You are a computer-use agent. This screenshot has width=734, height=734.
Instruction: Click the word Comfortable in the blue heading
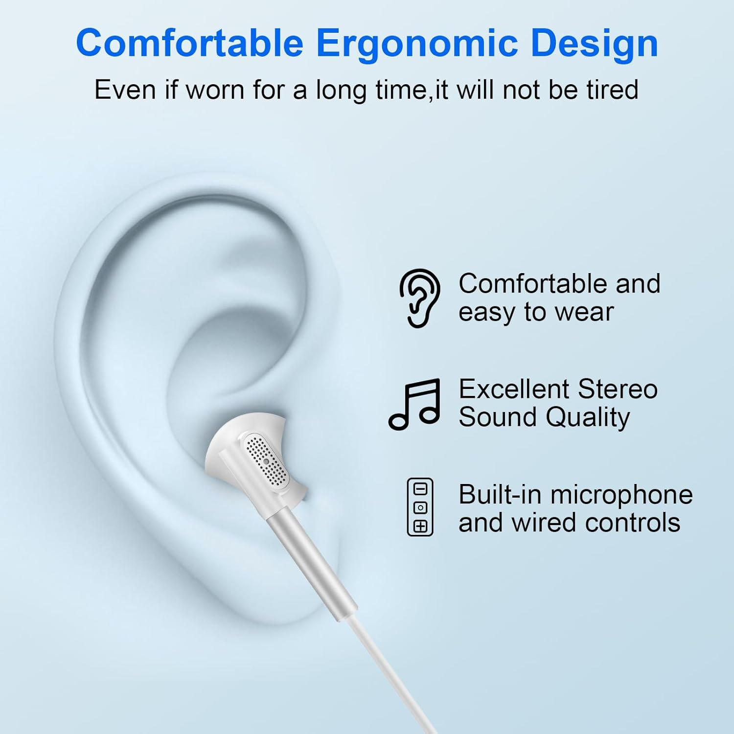tap(189, 43)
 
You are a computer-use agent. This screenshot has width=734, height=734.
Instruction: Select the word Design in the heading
tap(594, 43)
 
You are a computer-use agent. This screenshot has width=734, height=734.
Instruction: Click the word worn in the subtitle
tap(215, 90)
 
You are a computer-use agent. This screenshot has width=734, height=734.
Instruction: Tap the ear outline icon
tap(420, 298)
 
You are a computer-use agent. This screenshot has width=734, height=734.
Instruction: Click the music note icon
tap(414, 404)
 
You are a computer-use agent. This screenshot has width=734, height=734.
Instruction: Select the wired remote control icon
tap(420, 507)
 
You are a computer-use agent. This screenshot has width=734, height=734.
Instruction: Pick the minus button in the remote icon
tap(420, 489)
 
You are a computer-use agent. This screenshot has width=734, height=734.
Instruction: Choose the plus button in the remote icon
tap(420, 526)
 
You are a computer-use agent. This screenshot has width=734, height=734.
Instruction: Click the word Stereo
tap(617, 390)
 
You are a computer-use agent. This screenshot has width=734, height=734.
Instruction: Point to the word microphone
tap(621, 495)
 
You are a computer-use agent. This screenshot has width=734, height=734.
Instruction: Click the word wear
tap(586, 312)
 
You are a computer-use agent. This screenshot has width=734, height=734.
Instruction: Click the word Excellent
tap(514, 390)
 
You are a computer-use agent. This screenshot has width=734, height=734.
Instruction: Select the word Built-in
tap(500, 495)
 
